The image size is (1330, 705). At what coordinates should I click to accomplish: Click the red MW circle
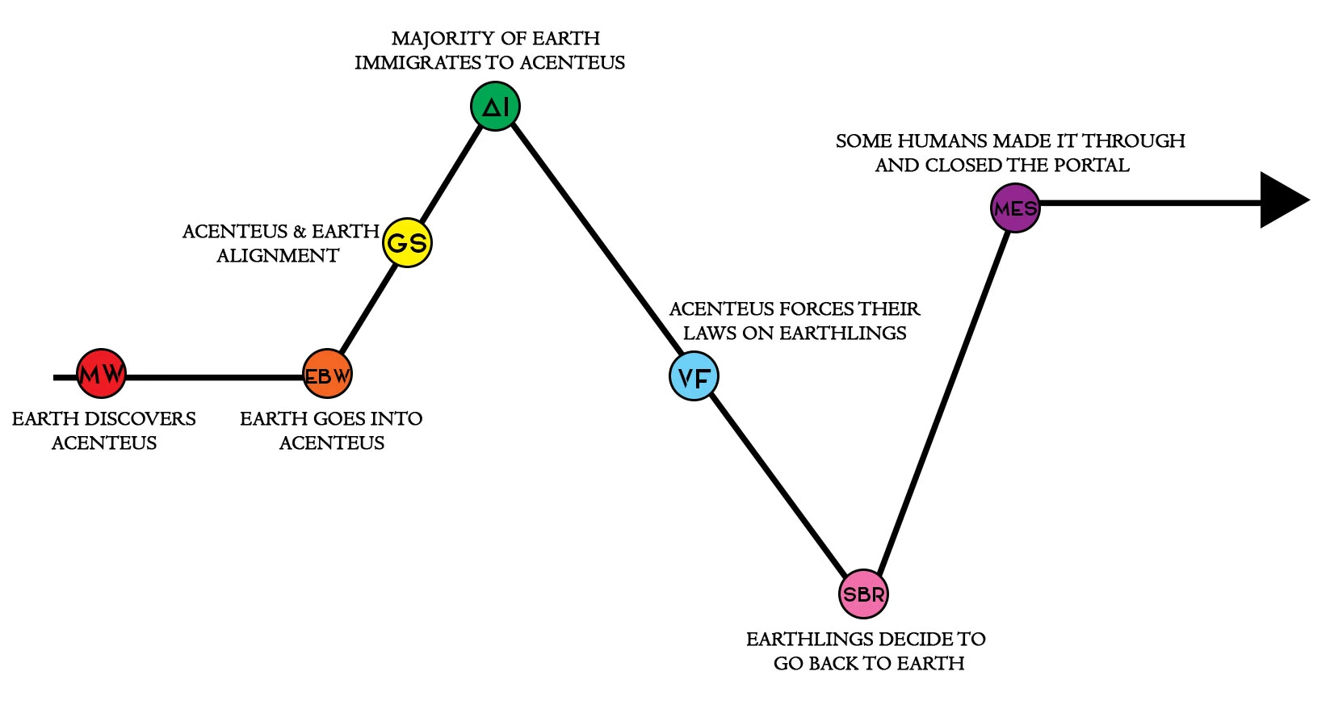102,374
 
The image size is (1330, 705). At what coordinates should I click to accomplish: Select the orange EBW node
327,375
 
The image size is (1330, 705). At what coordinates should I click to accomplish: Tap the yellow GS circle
407,242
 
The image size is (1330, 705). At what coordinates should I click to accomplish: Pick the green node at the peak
495,107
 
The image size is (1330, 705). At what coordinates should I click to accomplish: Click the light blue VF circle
694,376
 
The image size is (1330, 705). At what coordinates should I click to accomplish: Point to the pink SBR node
863,594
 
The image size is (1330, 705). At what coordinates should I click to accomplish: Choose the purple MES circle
1015,208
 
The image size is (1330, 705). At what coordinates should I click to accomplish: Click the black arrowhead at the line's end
1282,199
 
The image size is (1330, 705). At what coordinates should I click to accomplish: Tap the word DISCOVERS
150,419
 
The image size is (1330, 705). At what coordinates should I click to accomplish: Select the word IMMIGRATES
417,63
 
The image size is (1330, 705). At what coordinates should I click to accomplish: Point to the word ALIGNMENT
278,256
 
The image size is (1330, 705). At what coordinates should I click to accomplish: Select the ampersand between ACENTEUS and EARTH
300,232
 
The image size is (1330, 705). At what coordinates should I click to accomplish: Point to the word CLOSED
962,166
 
